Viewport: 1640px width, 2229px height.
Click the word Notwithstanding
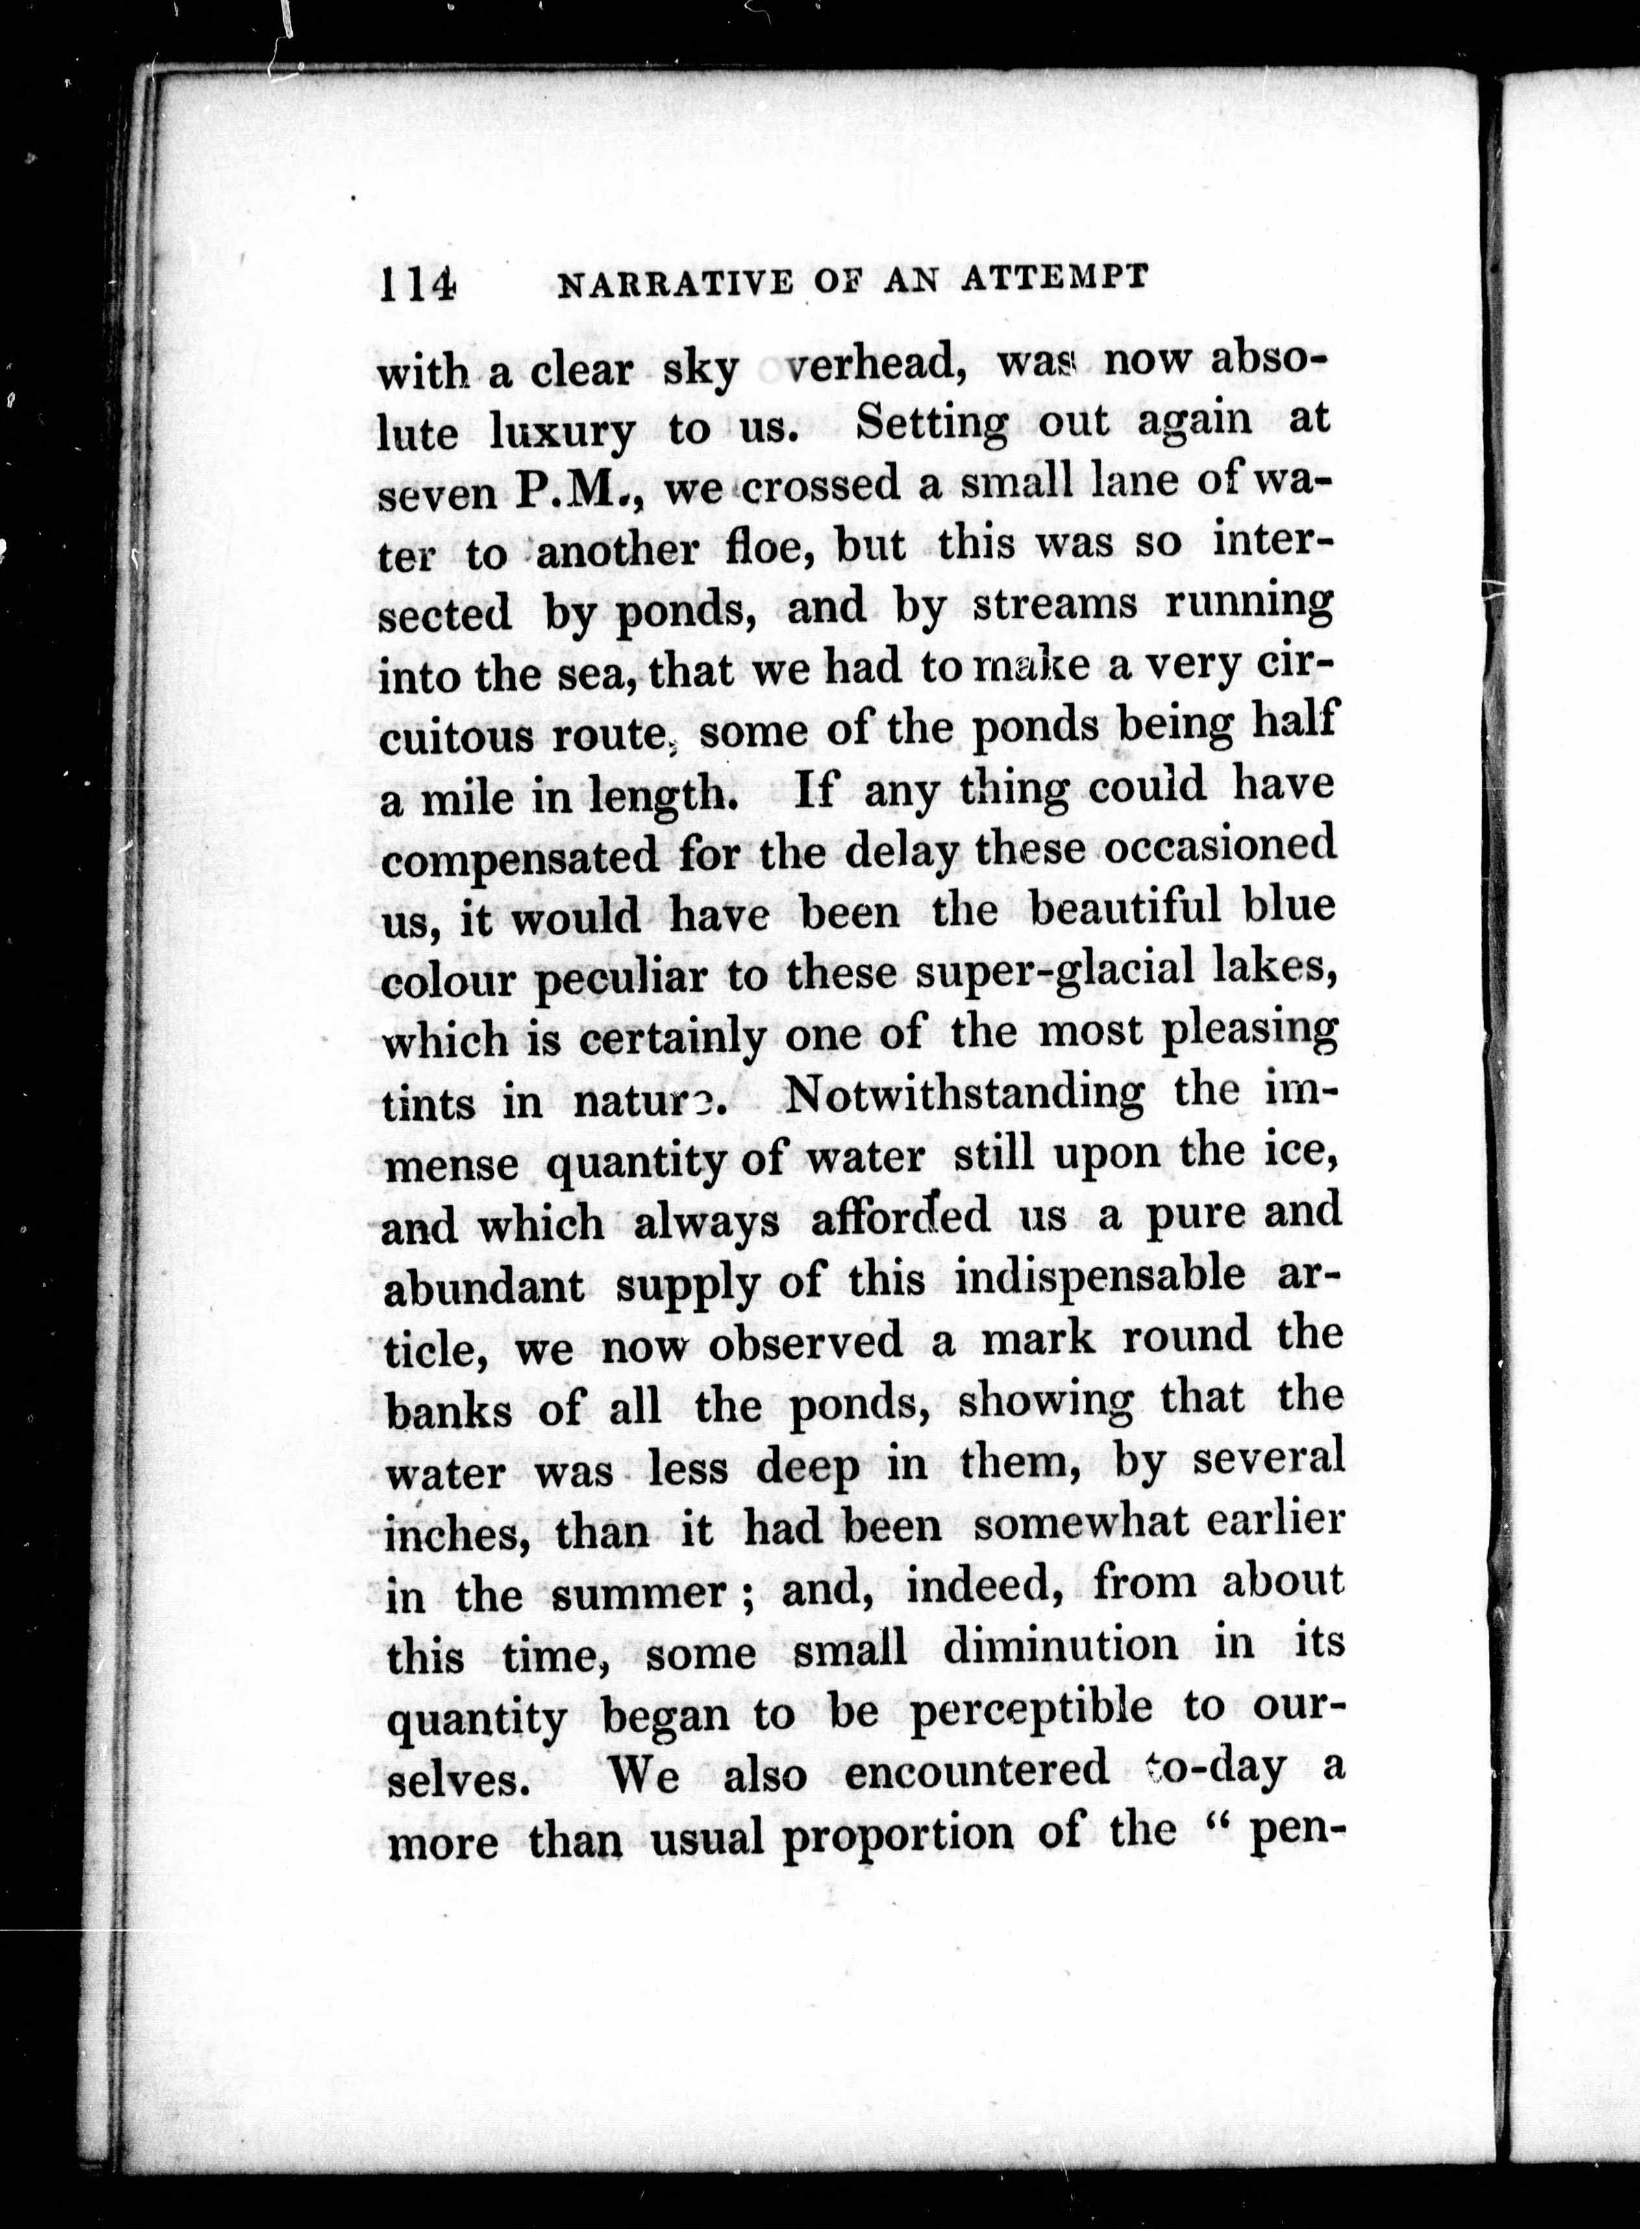pyautogui.click(x=963, y=1095)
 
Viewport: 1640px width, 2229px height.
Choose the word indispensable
pyautogui.click(x=1098, y=1277)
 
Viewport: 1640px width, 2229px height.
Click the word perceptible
pyautogui.click(x=1030, y=1709)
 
